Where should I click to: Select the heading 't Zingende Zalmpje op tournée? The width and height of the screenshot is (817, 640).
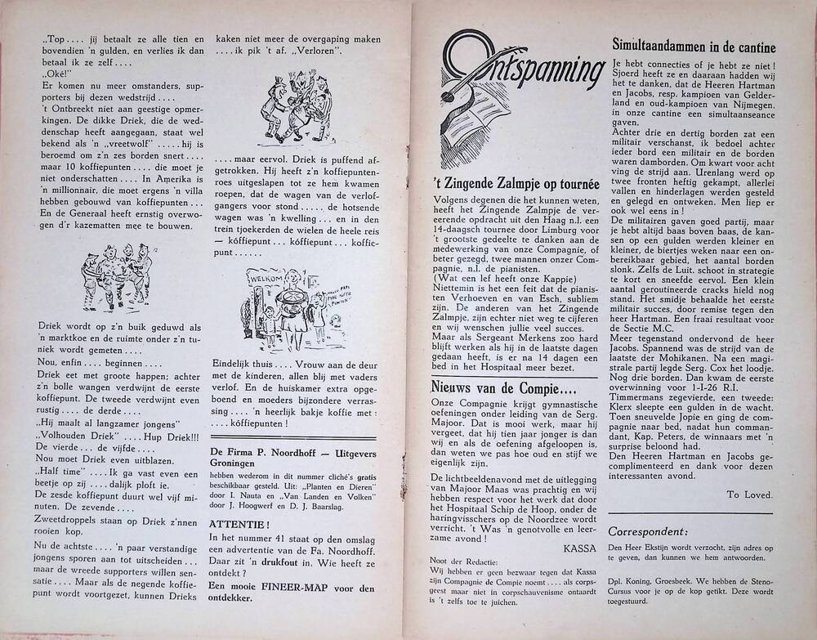pyautogui.click(x=516, y=184)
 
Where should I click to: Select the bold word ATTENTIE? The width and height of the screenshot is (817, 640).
pyautogui.click(x=236, y=523)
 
